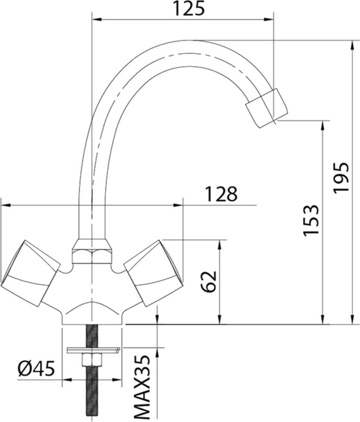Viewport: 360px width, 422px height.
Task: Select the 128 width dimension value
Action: (221, 194)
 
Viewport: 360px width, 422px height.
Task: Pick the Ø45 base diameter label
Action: (37, 369)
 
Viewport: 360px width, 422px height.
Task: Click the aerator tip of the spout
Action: (266, 109)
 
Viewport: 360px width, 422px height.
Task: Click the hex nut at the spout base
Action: (92, 251)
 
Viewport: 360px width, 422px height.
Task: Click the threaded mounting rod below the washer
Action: (92, 391)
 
